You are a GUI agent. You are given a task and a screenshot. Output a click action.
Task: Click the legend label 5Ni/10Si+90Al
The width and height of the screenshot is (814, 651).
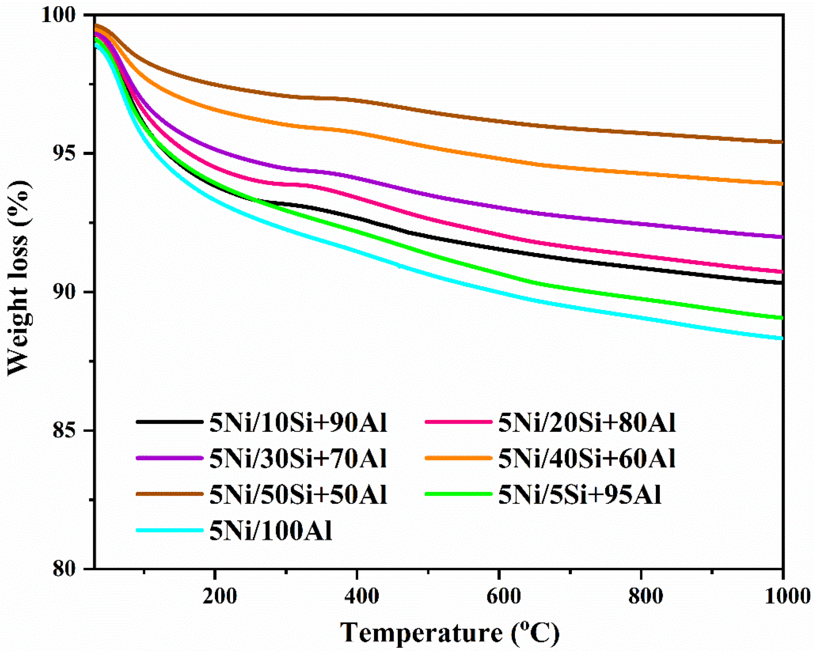pyautogui.click(x=298, y=423)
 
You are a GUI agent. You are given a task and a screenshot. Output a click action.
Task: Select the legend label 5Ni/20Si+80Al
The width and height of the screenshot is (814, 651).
pyautogui.click(x=587, y=423)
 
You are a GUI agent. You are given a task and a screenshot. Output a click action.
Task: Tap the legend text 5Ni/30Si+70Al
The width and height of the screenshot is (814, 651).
pyautogui.click(x=298, y=459)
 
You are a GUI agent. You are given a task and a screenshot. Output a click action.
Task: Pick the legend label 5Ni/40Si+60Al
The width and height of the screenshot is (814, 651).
pyautogui.click(x=587, y=459)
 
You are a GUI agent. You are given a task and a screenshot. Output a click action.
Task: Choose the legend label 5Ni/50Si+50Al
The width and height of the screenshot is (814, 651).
pyautogui.click(x=298, y=495)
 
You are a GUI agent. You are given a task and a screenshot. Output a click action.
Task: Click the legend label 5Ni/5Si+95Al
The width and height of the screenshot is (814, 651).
pyautogui.click(x=580, y=495)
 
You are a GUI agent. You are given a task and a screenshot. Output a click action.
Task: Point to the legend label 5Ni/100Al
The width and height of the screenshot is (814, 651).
pyautogui.click(x=271, y=531)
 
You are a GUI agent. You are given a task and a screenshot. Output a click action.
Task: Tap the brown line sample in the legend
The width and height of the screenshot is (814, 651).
pyautogui.click(x=169, y=494)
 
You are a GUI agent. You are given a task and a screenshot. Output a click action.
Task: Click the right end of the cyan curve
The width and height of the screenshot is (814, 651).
pyautogui.click(x=782, y=338)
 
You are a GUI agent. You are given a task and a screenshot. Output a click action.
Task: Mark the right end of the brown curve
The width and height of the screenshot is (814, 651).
pyautogui.click(x=782, y=142)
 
